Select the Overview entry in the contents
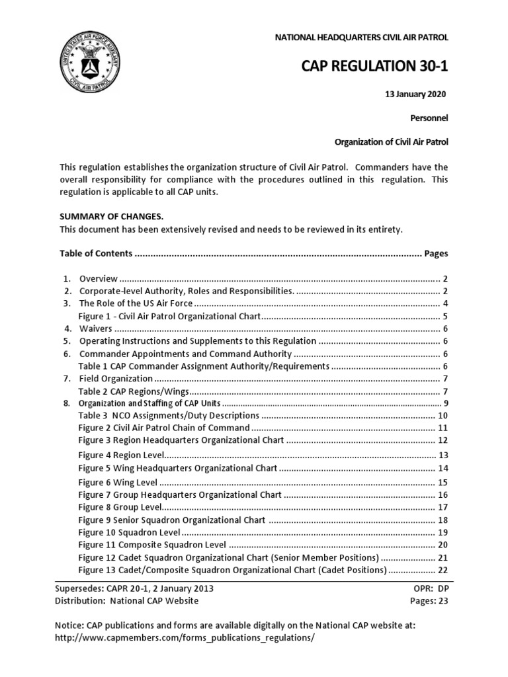[99, 278]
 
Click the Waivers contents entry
[97, 329]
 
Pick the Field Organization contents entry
[116, 378]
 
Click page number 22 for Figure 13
[443, 570]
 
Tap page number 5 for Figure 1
[446, 316]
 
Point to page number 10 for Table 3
[443, 416]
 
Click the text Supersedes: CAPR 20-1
[136, 588]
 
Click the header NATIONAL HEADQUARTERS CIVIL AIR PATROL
[361, 38]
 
